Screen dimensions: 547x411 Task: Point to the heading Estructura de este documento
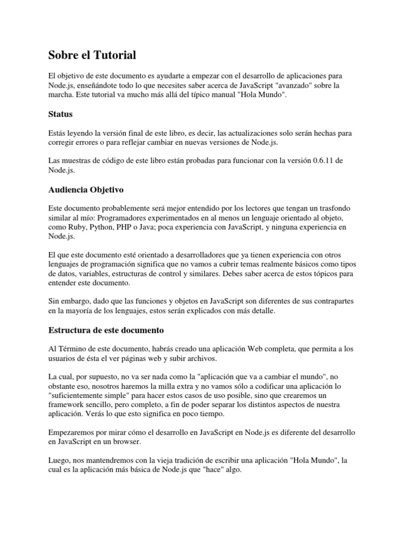click(106, 330)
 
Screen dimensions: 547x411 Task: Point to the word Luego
click(59, 460)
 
